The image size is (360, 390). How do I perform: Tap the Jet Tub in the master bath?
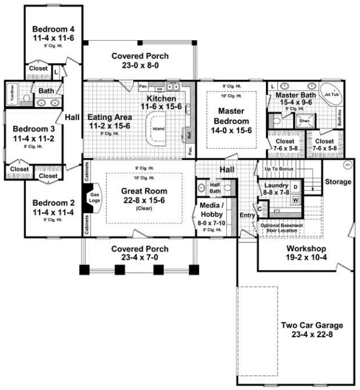[331, 94]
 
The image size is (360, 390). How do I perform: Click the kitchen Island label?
[159, 128]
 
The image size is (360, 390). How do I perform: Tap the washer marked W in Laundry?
[295, 200]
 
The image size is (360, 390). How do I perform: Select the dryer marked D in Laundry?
[295, 187]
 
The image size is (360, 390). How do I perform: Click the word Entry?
[247, 215]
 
